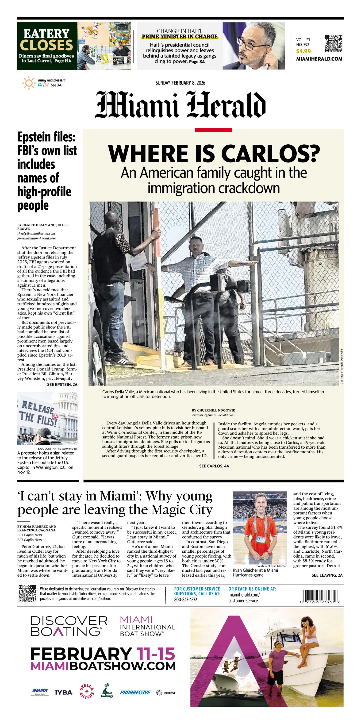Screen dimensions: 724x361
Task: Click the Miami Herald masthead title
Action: point(180,104)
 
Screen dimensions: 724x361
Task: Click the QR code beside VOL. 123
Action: point(334,44)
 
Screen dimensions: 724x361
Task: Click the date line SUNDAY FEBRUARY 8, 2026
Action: point(180,83)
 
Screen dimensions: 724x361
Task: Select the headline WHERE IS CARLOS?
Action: point(214,154)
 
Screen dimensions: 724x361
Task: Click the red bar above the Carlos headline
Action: point(213,130)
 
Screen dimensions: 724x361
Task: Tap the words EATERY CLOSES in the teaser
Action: point(46,40)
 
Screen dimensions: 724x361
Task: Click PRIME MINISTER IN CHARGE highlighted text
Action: point(179,37)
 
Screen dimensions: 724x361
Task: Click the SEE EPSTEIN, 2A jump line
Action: point(62,384)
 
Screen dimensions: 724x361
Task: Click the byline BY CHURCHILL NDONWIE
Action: point(213,410)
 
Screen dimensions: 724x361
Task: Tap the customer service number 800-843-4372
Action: point(185,600)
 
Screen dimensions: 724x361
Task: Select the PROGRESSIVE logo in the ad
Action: point(135,692)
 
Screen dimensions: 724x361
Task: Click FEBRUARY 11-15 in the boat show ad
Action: point(103,654)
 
